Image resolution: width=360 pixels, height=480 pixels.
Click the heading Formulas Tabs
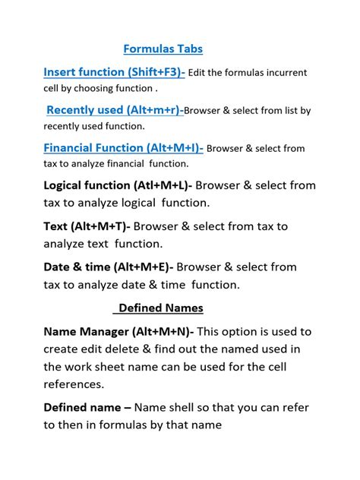pyautogui.click(x=163, y=49)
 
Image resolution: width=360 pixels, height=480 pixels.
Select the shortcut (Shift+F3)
pyautogui.click(x=156, y=72)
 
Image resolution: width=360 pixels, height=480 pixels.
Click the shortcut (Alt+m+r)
pyautogui.click(x=154, y=110)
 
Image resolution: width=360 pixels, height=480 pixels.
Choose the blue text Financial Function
pyautogui.click(x=93, y=148)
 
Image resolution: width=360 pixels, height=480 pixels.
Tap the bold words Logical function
pyautogui.click(x=87, y=185)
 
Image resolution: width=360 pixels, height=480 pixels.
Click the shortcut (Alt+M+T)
pyautogui.click(x=102, y=226)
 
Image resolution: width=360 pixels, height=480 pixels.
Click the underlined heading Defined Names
pyautogui.click(x=160, y=309)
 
